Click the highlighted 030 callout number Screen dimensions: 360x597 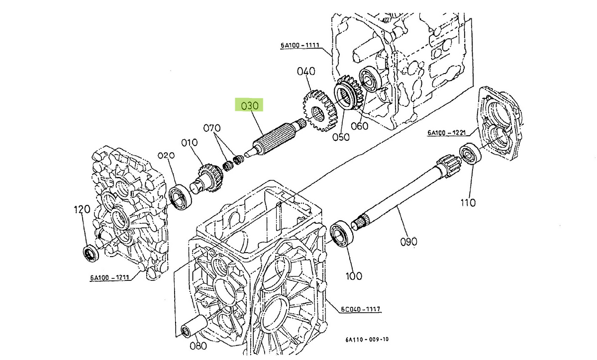250,105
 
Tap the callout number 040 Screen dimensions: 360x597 306,72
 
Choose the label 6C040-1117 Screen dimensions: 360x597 361,309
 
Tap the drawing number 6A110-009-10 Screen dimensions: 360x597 367,340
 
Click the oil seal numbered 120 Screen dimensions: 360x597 91,253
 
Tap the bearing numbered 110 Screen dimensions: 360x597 469,153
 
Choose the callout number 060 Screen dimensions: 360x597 359,126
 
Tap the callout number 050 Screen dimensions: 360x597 341,137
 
